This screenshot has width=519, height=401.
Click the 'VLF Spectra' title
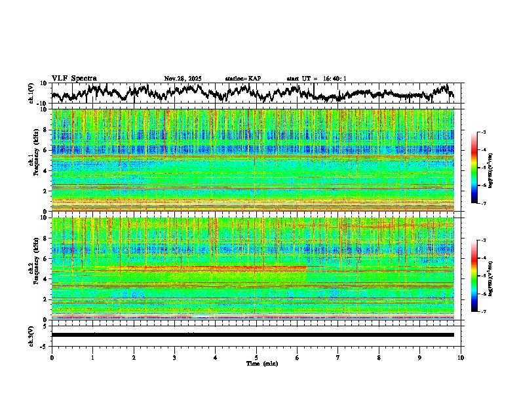pyautogui.click(x=74, y=78)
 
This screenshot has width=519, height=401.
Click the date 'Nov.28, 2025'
pyautogui.click(x=183, y=79)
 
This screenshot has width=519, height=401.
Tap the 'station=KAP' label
pyautogui.click(x=243, y=79)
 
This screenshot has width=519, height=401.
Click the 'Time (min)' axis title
pyautogui.click(x=262, y=363)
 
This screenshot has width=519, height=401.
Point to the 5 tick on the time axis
pyautogui.click(x=256, y=357)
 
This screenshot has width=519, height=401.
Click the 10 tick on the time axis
pyautogui.click(x=461, y=357)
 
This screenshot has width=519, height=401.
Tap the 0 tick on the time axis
pyautogui.click(x=52, y=357)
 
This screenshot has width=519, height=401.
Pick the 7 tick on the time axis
pyautogui.click(x=338, y=357)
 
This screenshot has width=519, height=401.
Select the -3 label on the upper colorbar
pyautogui.click(x=482, y=133)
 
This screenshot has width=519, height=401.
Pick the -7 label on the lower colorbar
pyautogui.click(x=482, y=311)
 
